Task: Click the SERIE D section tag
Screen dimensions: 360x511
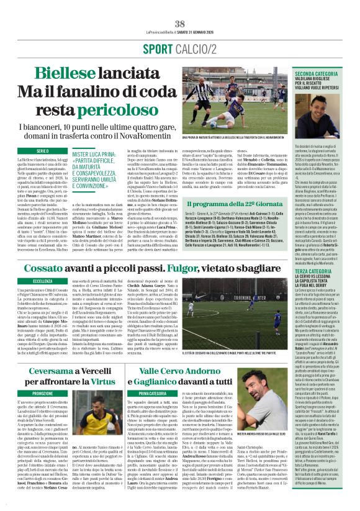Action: point(43,150)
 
